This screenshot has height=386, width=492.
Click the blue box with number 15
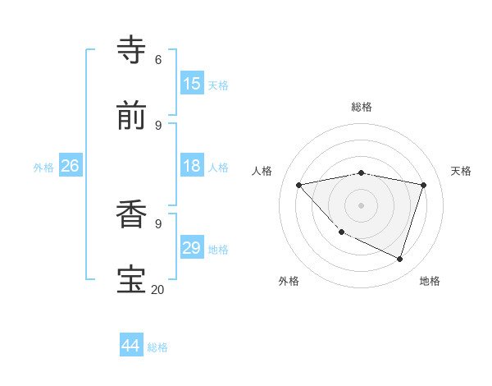[192, 83]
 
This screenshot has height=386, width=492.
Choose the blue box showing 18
[192, 166]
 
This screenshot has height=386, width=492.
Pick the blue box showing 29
[192, 248]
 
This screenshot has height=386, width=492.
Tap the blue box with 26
[70, 166]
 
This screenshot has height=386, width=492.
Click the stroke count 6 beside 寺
[158, 60]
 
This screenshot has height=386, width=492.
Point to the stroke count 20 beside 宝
[157, 289]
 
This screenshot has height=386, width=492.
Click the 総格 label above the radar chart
[362, 107]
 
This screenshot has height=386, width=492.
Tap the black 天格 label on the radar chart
[462, 171]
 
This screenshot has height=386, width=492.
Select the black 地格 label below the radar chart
[430, 281]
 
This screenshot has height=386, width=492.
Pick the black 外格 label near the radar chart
[289, 281]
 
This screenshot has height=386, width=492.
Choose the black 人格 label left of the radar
[262, 171]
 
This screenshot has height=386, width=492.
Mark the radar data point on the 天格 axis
[423, 185]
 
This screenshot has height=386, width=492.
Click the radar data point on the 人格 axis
[299, 185]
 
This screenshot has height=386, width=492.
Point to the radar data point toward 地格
[399, 259]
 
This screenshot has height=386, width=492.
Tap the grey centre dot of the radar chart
[362, 204]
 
